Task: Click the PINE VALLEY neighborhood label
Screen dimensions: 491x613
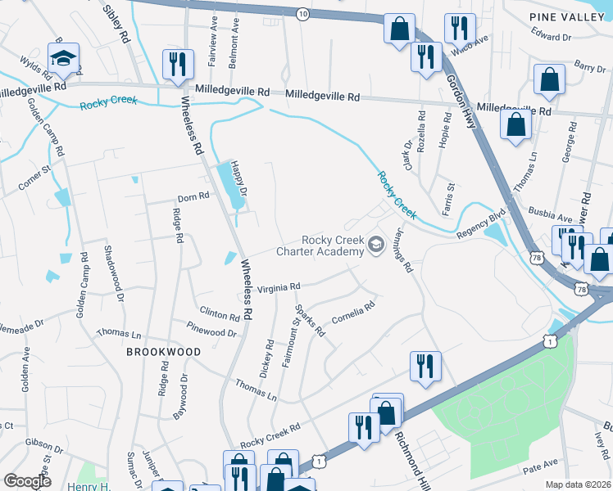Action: click(566, 16)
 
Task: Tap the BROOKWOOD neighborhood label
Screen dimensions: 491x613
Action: click(163, 351)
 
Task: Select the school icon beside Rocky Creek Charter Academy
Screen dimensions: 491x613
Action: click(376, 245)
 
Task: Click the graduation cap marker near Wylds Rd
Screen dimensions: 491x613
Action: click(62, 59)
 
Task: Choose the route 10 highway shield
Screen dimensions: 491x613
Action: click(302, 14)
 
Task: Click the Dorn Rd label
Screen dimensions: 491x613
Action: click(193, 197)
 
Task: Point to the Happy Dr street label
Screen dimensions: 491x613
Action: click(237, 175)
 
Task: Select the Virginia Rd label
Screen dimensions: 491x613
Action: click(279, 287)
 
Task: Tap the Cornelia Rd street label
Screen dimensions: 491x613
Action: click(353, 313)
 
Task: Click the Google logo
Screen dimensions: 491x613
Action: click(27, 480)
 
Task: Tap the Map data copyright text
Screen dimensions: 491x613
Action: click(577, 484)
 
